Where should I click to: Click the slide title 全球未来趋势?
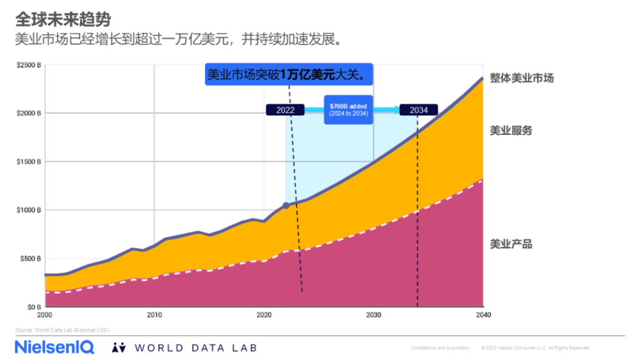pos(63,19)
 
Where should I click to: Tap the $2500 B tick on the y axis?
pos(29,65)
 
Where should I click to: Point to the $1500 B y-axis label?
pos(29,162)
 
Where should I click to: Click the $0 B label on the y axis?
pos(34,307)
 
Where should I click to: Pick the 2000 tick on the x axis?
pos(46,314)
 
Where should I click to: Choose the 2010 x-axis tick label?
pos(154,314)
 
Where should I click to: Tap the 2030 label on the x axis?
pos(373,314)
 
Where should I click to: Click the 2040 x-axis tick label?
pos(482,314)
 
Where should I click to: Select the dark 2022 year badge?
pos(285,110)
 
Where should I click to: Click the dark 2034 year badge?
pos(419,110)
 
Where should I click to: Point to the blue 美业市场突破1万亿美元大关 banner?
pos(289,75)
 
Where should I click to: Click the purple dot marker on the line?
pos(286,205)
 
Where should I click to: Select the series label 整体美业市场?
pos(521,78)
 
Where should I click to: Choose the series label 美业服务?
pos(511,131)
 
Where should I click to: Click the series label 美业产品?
pos(511,244)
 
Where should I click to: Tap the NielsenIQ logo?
pos(54,347)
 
